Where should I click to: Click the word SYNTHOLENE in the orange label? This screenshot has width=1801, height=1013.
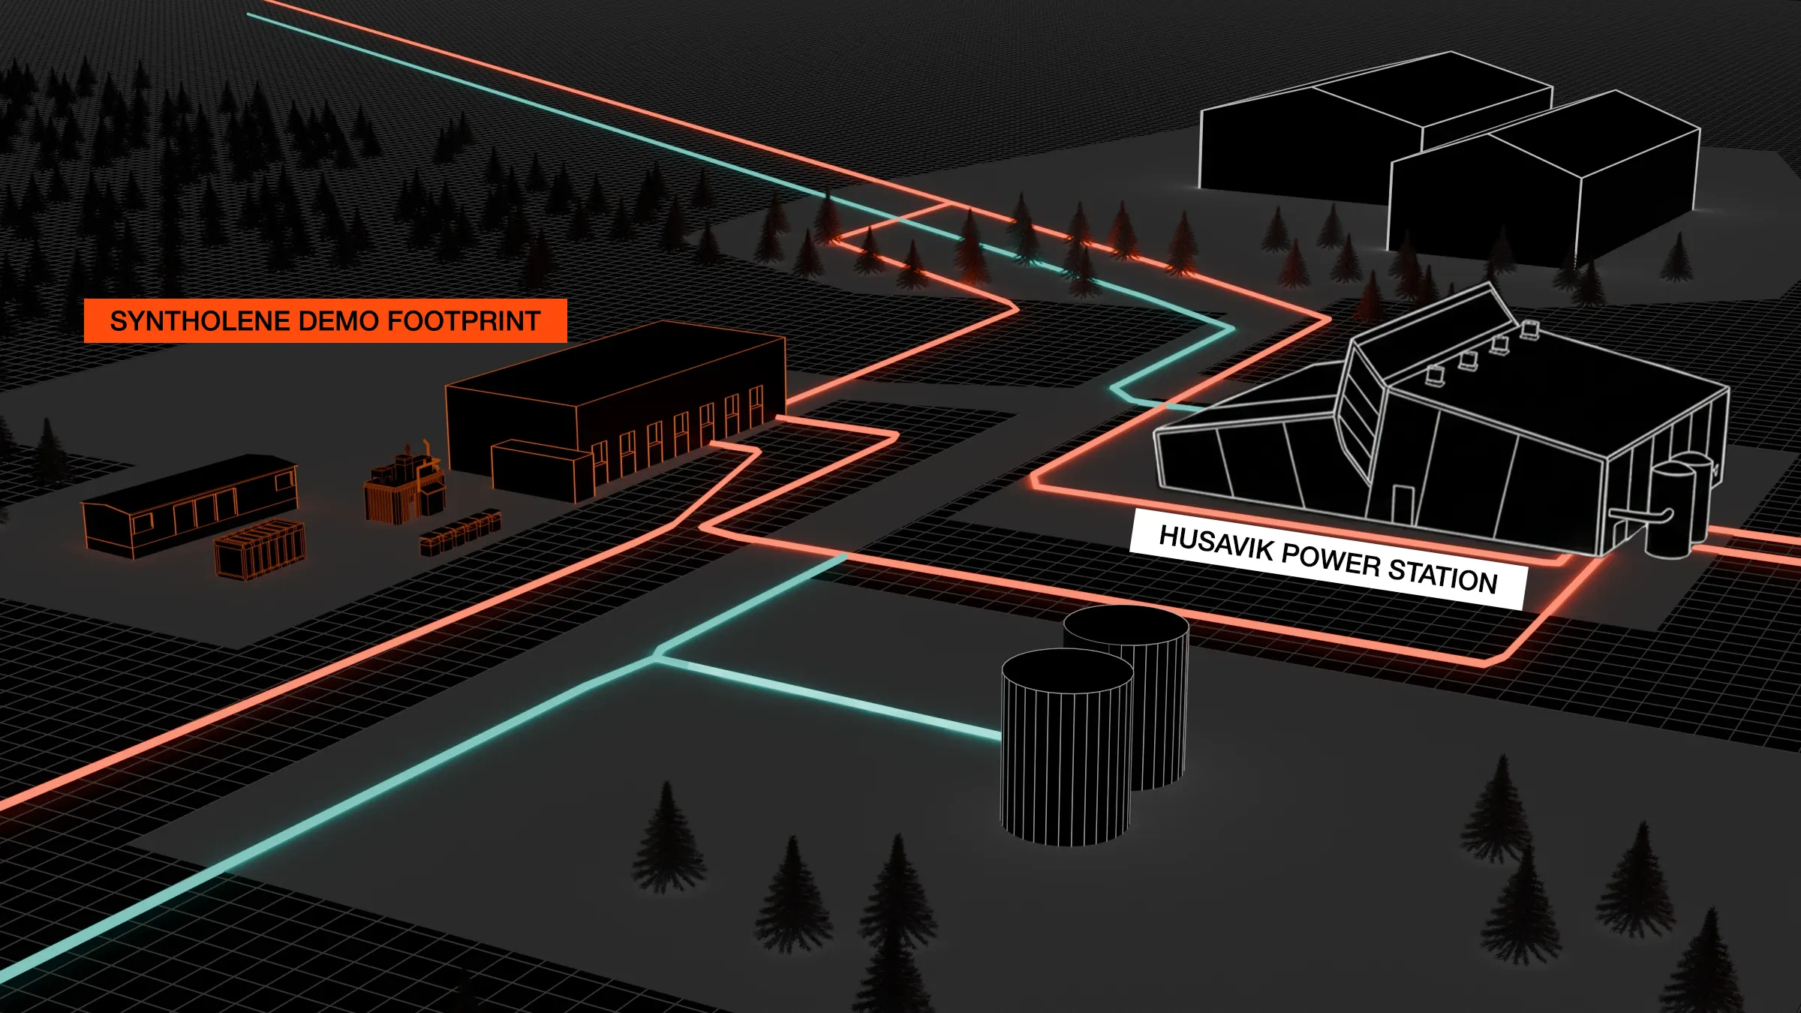(x=200, y=321)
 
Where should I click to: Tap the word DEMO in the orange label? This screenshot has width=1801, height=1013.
(x=337, y=321)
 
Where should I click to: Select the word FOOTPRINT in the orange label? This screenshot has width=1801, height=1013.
(x=463, y=321)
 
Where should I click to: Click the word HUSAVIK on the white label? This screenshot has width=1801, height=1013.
(x=1216, y=543)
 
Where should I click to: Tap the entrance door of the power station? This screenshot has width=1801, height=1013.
(x=1402, y=503)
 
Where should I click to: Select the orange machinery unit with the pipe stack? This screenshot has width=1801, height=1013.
(x=405, y=484)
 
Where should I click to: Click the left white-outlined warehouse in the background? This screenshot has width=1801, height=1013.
(x=1321, y=143)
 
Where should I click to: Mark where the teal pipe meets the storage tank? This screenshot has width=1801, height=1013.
(x=1000, y=733)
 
